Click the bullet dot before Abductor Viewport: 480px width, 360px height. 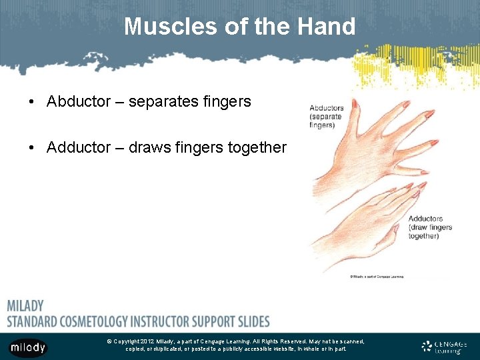click(32, 102)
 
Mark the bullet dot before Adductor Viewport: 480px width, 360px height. click(32, 148)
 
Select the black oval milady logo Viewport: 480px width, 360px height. click(27, 347)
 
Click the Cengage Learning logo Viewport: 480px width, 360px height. click(444, 347)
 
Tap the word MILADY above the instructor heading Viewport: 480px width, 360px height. click(25, 306)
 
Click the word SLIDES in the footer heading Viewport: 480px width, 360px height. click(247, 321)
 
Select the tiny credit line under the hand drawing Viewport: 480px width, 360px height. click(377, 276)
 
